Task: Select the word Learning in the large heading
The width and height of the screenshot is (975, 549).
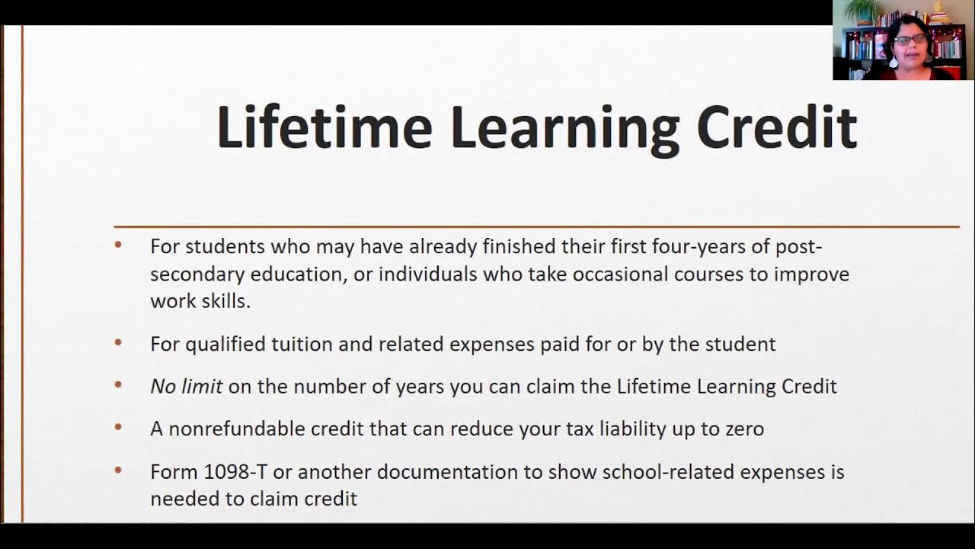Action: click(x=564, y=128)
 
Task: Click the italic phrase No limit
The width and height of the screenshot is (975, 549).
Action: click(x=186, y=387)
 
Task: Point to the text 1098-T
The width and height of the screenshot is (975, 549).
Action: click(x=235, y=472)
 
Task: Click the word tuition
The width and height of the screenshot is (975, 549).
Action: click(x=302, y=344)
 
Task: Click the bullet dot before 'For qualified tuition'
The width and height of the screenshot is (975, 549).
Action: click(x=118, y=343)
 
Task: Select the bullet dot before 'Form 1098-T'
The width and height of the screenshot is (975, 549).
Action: click(x=118, y=470)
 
